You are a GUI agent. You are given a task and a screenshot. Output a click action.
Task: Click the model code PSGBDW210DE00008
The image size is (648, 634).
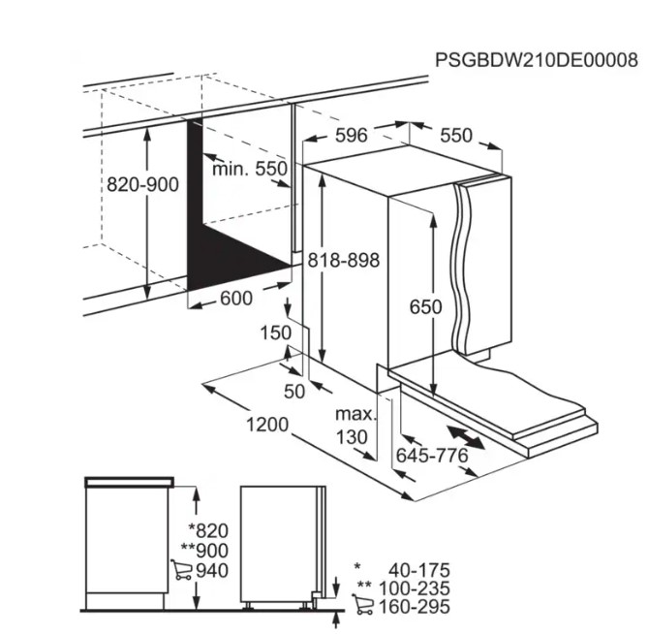tap(537, 60)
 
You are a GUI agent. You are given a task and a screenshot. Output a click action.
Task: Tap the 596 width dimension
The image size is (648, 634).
tap(351, 136)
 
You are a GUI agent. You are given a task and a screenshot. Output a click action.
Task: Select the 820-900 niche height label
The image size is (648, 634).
tap(142, 184)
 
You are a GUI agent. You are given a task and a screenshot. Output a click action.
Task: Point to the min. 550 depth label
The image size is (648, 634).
tap(250, 169)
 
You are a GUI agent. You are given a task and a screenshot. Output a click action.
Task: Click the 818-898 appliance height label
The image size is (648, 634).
tap(344, 261)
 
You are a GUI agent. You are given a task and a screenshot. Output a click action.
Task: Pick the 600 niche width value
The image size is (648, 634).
tap(236, 299)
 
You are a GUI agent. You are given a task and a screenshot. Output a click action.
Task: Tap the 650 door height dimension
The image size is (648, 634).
tap(425, 307)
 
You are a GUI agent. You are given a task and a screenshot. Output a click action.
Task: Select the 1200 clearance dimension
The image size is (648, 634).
tap(267, 425)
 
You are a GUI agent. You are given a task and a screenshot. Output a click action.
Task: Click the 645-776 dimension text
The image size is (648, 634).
tap(432, 456)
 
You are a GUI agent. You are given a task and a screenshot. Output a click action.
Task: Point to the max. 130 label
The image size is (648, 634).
tap(355, 426)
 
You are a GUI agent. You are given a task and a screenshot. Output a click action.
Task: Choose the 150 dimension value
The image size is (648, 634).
tap(276, 333)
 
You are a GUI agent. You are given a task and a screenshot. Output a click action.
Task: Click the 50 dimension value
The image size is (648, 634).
tap(294, 392)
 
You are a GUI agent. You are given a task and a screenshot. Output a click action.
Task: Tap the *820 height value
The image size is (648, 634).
tap(208, 530)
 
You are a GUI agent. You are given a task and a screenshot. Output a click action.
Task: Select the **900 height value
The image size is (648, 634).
tap(204, 551)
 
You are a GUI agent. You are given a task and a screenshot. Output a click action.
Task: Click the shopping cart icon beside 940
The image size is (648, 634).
tap(181, 569)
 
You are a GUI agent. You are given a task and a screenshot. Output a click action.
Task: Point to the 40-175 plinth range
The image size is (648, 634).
tap(419, 570)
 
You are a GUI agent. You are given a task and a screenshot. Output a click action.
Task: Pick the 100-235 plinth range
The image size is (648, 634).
tap(414, 588)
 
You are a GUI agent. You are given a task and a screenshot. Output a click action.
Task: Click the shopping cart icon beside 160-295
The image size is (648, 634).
tap(362, 604)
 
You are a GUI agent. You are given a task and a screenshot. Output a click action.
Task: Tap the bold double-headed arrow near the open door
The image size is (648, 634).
tap(465, 438)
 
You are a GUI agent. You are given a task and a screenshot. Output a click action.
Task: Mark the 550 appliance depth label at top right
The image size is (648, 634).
tap(456, 136)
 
